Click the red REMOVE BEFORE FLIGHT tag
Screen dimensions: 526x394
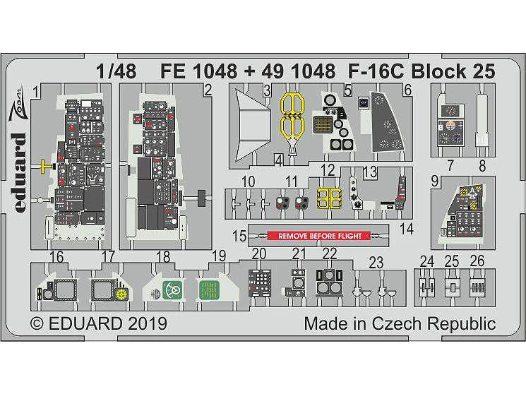(319, 236)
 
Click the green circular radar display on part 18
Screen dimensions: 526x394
(172, 289)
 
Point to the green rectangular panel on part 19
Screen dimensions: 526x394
(209, 289)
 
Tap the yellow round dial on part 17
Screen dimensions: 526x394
(121, 294)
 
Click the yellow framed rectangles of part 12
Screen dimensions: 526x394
(329, 198)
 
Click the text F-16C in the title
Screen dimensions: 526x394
(376, 71)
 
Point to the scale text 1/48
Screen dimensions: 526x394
(116, 71)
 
